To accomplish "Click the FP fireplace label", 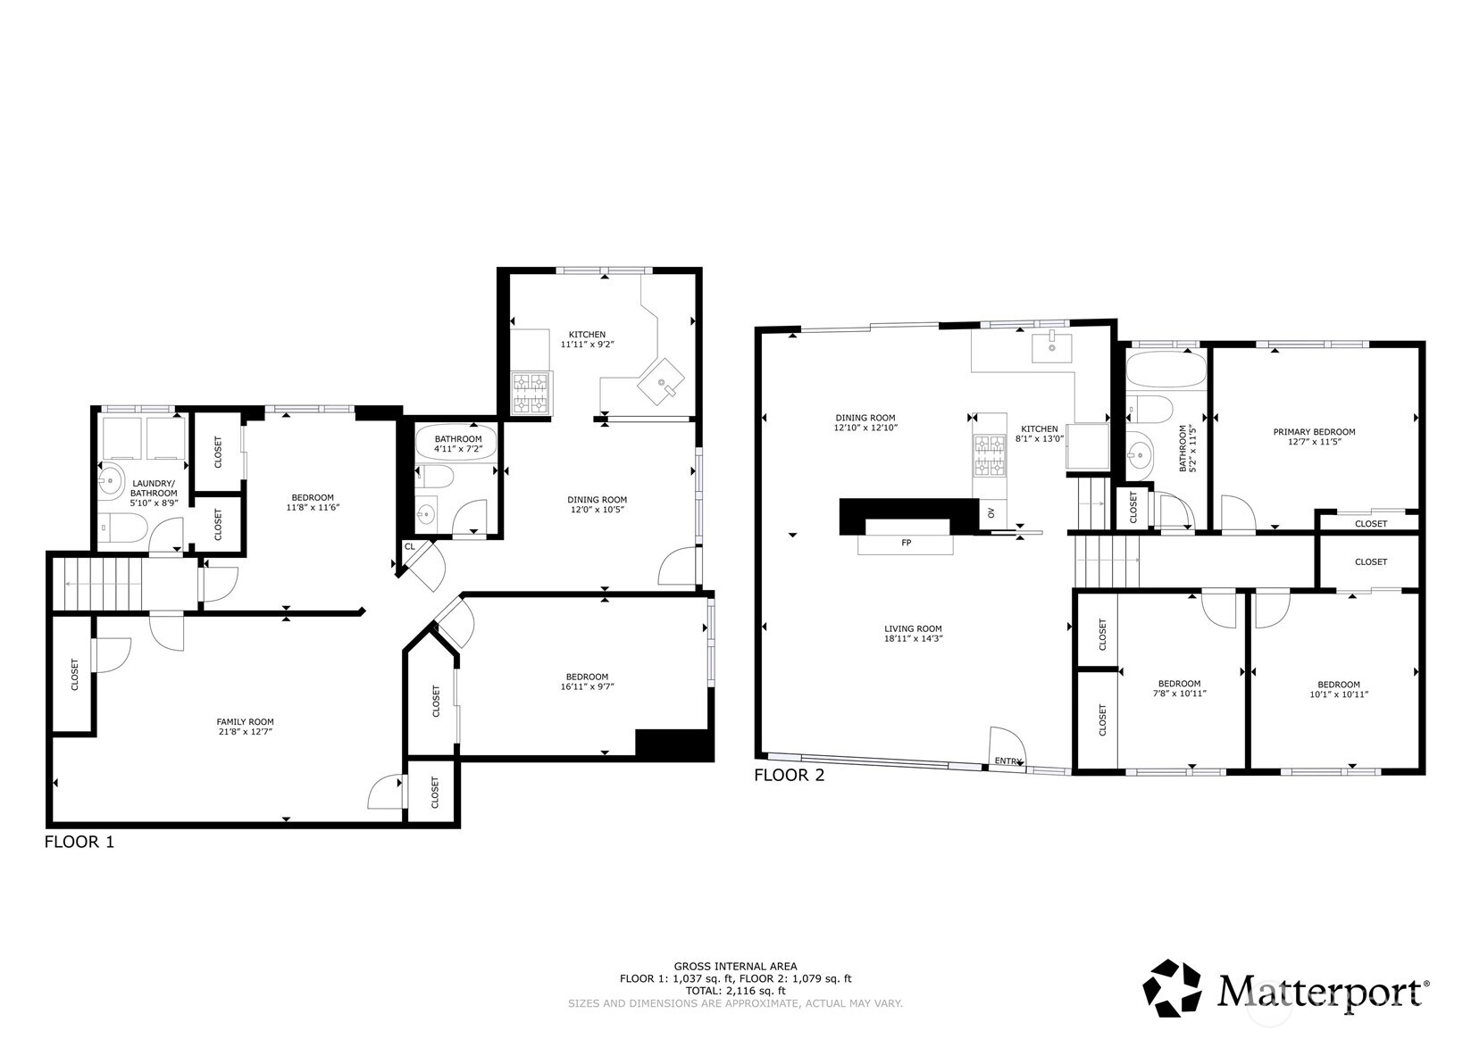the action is (x=907, y=543).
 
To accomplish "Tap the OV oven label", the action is (x=991, y=512).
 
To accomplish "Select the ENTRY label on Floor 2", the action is (x=1008, y=761).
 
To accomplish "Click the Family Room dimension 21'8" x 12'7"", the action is (x=245, y=731).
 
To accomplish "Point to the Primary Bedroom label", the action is (x=1314, y=432).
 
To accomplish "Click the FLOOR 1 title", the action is (x=79, y=842).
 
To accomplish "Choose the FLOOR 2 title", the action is (x=789, y=775).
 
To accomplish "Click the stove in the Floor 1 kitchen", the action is (x=531, y=393).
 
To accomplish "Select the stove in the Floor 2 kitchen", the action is (x=989, y=455).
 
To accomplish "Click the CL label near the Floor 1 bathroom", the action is (x=410, y=546).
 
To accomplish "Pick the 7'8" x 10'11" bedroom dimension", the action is (x=1180, y=693).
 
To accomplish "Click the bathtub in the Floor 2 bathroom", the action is (x=1167, y=370).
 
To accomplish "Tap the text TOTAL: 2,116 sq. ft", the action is (x=736, y=991).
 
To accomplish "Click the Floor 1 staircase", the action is (x=97, y=584).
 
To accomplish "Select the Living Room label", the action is (x=913, y=628).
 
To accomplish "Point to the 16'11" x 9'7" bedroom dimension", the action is (x=587, y=686).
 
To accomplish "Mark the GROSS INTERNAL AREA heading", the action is (x=736, y=966).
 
